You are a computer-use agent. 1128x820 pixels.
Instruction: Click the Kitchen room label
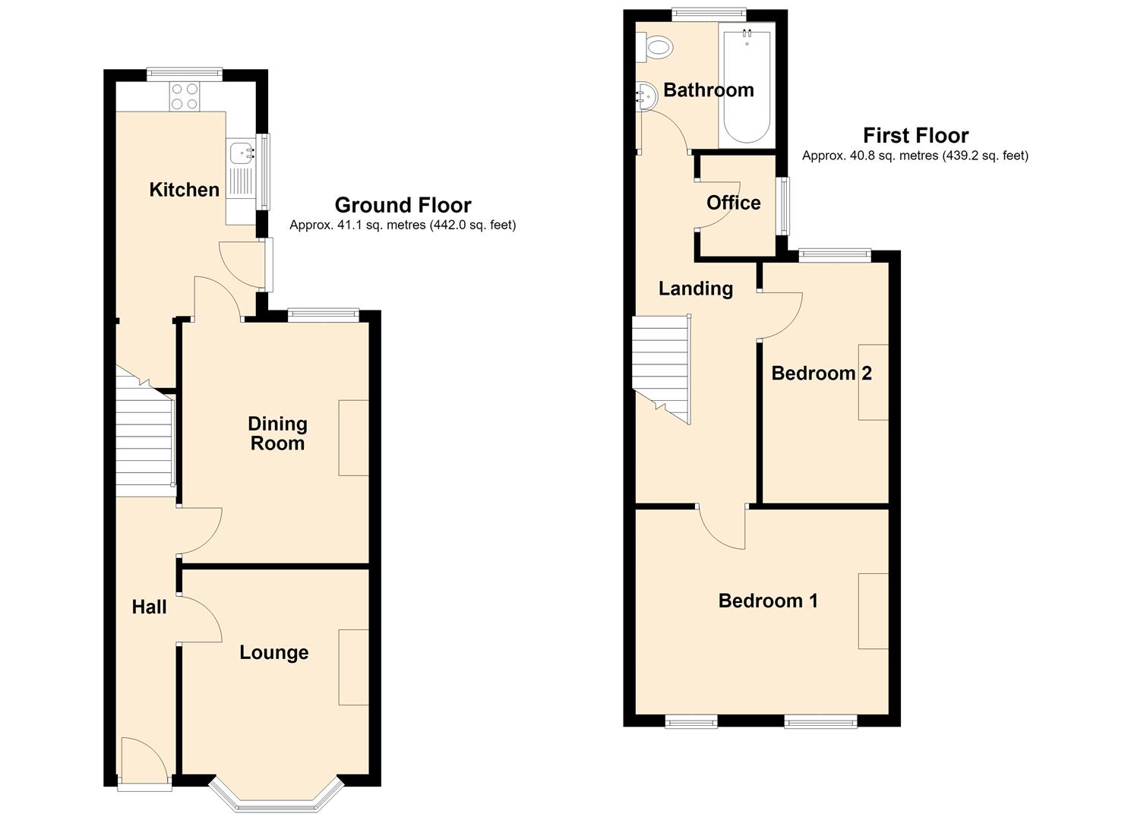click(185, 190)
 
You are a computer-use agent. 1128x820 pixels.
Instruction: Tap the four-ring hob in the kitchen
click(185, 96)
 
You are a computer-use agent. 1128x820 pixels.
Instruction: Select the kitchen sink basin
click(242, 153)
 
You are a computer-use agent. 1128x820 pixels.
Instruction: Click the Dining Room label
click(277, 434)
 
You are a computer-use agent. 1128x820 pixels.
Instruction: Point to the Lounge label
click(274, 652)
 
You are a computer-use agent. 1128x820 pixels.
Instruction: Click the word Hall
click(149, 607)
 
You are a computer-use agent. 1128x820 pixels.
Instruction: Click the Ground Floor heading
click(403, 205)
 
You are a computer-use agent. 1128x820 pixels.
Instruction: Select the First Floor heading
click(915, 135)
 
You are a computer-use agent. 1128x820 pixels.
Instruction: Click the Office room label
click(733, 203)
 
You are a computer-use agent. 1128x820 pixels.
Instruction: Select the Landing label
click(696, 289)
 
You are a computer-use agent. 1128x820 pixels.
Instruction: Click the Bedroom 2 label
click(821, 373)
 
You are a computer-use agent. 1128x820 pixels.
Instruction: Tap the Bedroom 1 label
click(768, 601)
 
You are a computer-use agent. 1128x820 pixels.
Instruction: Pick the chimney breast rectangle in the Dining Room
click(353, 438)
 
